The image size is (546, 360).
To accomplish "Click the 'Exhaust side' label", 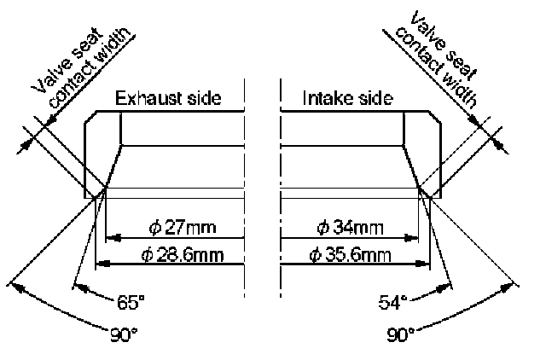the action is (168, 98).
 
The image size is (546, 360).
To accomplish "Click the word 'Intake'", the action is (323, 98).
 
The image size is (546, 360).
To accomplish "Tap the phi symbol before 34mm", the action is (322, 228).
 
